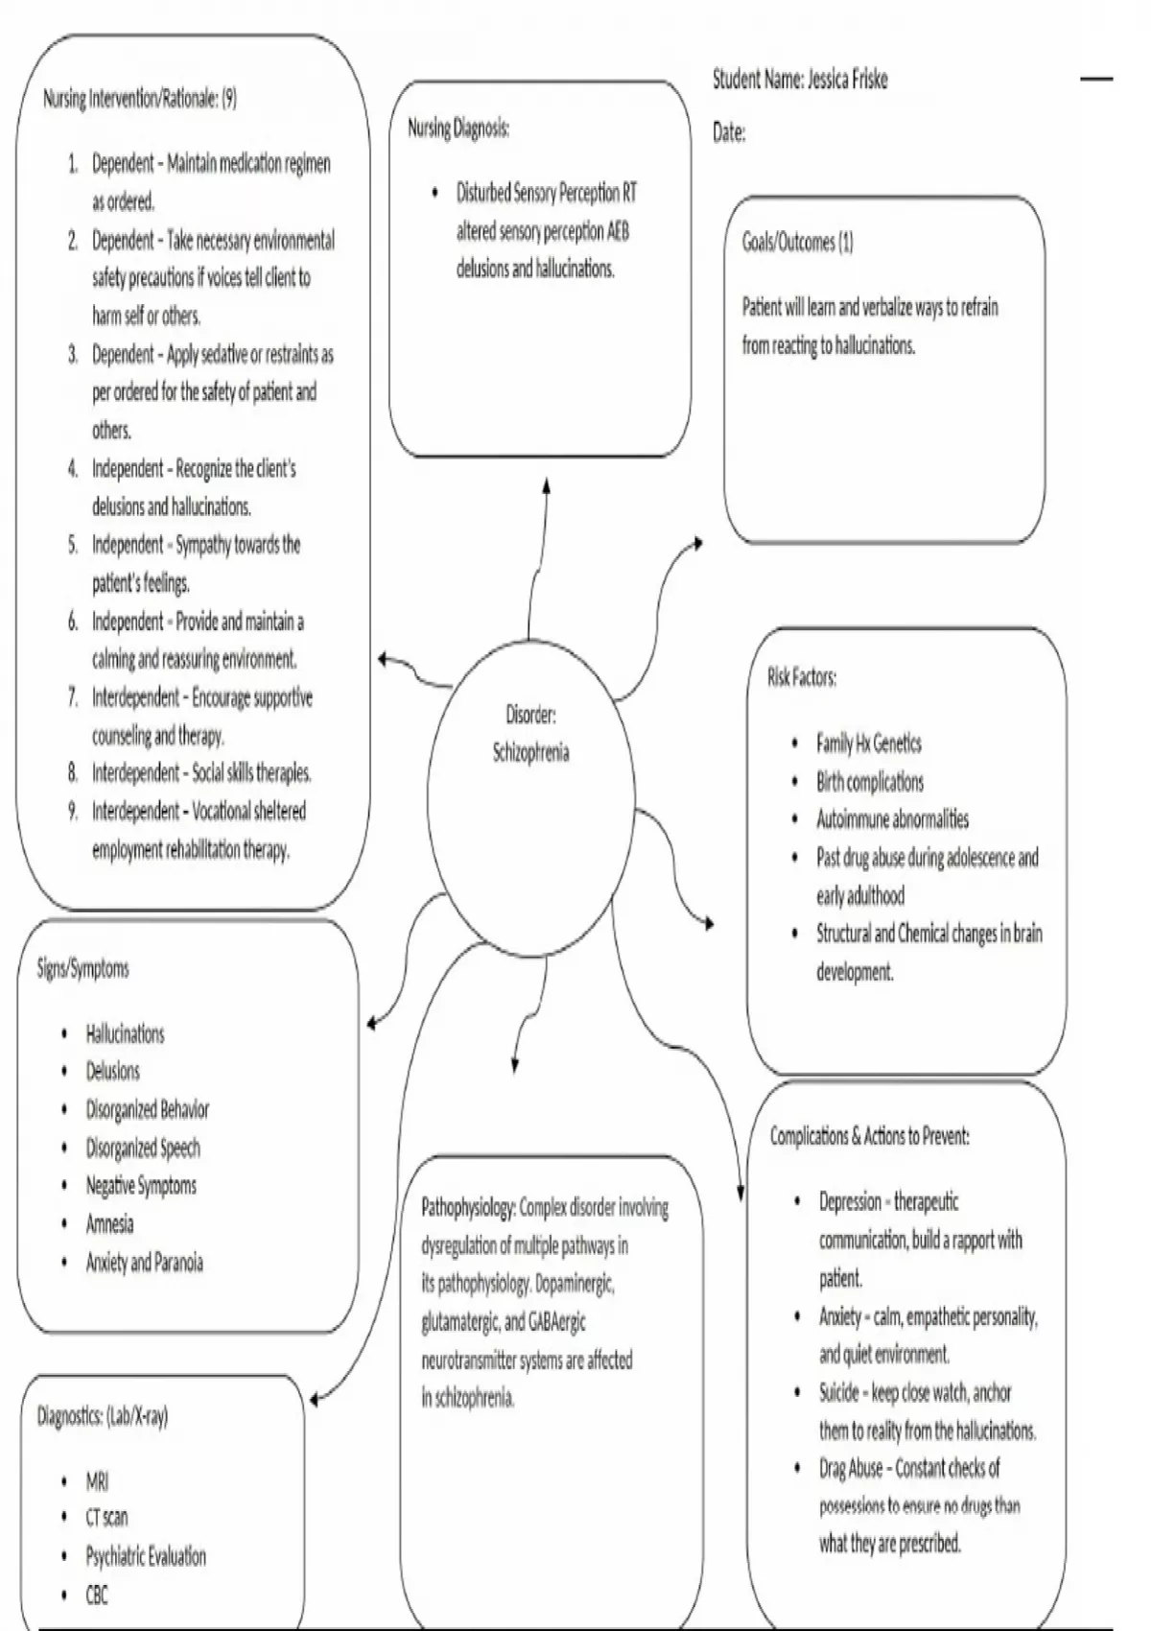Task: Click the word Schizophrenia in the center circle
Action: point(530,753)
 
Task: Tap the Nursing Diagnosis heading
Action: point(458,129)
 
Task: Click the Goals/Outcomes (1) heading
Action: point(797,243)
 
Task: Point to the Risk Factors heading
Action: point(801,678)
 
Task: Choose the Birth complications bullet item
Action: point(869,782)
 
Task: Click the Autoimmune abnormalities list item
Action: point(892,819)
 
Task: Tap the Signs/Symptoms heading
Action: point(82,969)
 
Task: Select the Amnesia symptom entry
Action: point(109,1224)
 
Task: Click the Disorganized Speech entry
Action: point(143,1148)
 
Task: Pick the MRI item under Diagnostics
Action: point(97,1481)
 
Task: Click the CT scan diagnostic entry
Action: point(106,1518)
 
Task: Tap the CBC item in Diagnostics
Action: point(97,1595)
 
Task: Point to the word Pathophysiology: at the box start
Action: point(469,1208)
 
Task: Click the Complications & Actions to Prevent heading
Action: point(869,1137)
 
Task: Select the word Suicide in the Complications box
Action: point(838,1393)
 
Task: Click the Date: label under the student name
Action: point(729,133)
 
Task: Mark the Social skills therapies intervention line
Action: point(201,773)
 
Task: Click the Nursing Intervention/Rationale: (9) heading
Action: point(140,99)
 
